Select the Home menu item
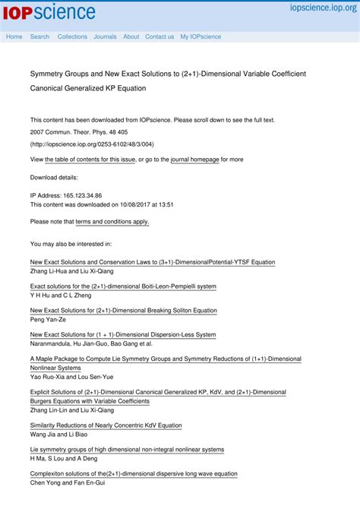point(14,36)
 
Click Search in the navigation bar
point(39,36)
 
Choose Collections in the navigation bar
point(72,36)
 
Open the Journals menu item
point(105,36)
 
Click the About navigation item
point(131,36)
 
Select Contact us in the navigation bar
point(159,36)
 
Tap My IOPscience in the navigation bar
point(201,36)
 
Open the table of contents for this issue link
point(90,160)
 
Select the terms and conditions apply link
point(112,222)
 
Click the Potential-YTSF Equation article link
point(152,262)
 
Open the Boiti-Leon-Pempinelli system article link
point(123,286)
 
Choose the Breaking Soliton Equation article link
point(123,311)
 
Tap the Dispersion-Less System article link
point(122,334)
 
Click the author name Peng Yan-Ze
point(49,320)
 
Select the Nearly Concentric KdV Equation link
point(106,425)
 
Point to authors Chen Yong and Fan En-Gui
point(68,482)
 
